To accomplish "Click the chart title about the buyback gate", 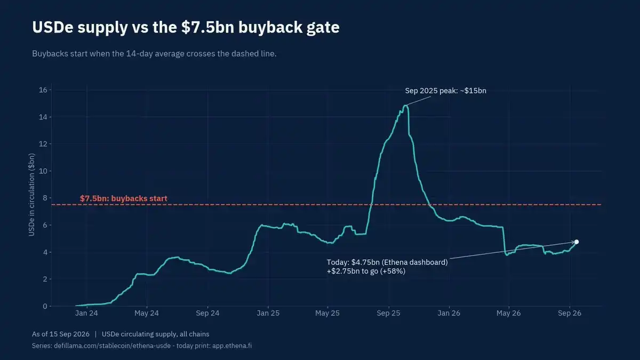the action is (186, 27).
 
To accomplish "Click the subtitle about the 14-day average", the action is (154, 54).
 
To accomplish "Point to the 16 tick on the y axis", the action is (43, 90).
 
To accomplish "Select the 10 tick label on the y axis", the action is (43, 171).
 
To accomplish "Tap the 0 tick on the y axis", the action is (45, 306).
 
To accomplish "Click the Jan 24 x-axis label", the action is (86, 313).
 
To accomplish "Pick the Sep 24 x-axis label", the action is (207, 313).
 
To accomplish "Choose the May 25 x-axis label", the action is (327, 313).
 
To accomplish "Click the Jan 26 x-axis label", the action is (449, 313).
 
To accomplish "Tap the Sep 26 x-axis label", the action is (570, 313).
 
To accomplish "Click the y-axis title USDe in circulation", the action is (31, 195).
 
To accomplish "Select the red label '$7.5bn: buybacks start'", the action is (123, 198).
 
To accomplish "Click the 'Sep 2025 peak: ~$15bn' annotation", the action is (446, 91).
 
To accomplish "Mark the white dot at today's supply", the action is (577, 242).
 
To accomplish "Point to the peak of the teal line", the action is (405, 106).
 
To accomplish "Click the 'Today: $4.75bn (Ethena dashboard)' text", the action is (387, 262).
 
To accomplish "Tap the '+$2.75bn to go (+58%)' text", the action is (366, 271).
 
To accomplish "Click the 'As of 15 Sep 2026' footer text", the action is (61, 334).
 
